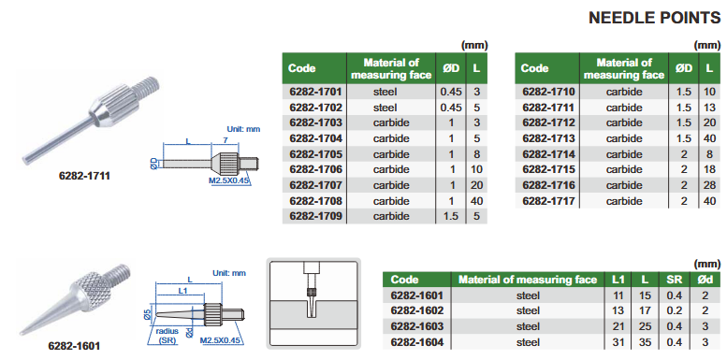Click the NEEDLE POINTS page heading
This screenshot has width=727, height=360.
click(654, 18)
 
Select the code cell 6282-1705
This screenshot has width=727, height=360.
click(315, 154)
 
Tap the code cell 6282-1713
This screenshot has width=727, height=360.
click(548, 138)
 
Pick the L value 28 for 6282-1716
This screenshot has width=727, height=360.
click(709, 185)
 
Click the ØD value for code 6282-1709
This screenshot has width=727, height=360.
click(451, 216)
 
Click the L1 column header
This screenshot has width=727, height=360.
click(618, 280)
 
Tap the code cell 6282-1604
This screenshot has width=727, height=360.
click(417, 342)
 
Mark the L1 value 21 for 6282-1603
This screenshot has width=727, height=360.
click(618, 326)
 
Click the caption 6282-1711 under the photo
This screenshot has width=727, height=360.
click(84, 176)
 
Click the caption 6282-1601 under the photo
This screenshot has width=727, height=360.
click(74, 346)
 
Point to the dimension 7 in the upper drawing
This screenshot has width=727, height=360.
click(225, 139)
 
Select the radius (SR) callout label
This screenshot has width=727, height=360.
click(167, 336)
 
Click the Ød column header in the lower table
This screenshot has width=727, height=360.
click(705, 280)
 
